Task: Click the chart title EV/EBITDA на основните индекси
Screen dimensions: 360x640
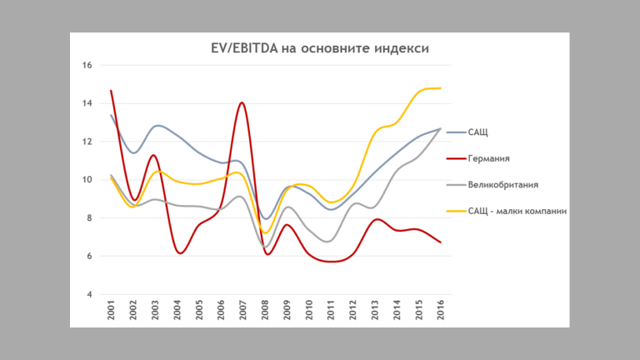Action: click(x=320, y=48)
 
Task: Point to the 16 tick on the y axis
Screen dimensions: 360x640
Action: click(x=87, y=65)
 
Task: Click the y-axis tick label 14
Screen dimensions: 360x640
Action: click(x=87, y=103)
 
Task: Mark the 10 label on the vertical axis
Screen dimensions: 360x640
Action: click(x=87, y=180)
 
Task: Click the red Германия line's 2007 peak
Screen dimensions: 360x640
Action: click(x=242, y=102)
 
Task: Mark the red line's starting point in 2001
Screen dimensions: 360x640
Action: click(x=111, y=91)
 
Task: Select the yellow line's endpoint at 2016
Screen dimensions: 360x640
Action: click(x=440, y=87)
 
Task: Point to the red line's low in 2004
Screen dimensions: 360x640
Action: click(x=178, y=252)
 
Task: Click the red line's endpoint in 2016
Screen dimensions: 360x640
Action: click(x=440, y=242)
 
